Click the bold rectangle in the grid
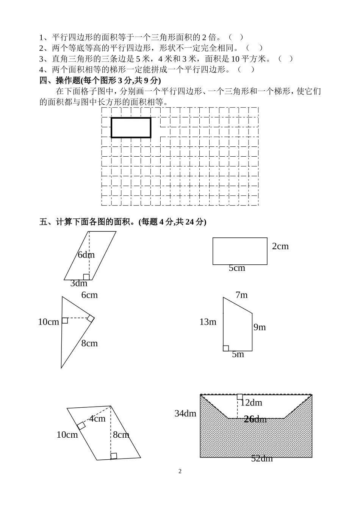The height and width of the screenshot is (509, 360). pyautogui.click(x=131, y=127)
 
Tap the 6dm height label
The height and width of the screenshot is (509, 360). pyautogui.click(x=86, y=254)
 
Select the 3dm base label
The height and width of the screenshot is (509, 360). pyautogui.click(x=79, y=283)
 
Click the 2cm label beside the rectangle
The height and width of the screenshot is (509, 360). pyautogui.click(x=280, y=246)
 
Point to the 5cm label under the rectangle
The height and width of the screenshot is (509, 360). pyautogui.click(x=237, y=268)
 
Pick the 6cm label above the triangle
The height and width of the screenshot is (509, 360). pyautogui.click(x=89, y=295)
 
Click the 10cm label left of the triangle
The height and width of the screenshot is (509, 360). pyautogui.click(x=49, y=322)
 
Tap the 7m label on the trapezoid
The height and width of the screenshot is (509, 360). pyautogui.click(x=241, y=295)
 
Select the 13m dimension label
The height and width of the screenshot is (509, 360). pyautogui.click(x=208, y=322)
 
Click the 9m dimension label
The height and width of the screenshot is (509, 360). pyautogui.click(x=260, y=327)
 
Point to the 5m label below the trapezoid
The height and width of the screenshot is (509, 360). pyautogui.click(x=238, y=354)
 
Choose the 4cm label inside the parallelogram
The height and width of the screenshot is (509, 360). pyautogui.click(x=97, y=419)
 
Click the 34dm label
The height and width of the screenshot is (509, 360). pyautogui.click(x=185, y=413)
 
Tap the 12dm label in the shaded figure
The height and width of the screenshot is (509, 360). pyautogui.click(x=251, y=402)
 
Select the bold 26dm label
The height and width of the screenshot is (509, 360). pyautogui.click(x=255, y=419)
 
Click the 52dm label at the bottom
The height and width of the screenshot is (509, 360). pyautogui.click(x=262, y=459)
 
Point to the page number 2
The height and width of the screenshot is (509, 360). pyautogui.click(x=180, y=471)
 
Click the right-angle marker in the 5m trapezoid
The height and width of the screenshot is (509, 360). pyautogui.click(x=226, y=348)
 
